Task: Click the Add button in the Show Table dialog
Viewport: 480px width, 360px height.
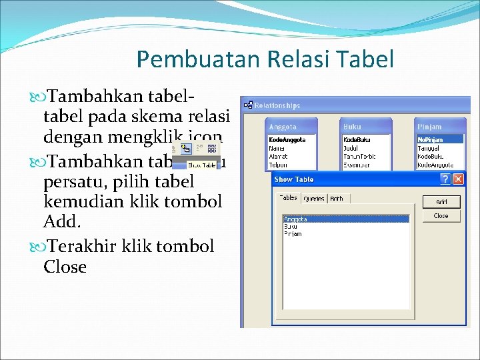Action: (x=441, y=202)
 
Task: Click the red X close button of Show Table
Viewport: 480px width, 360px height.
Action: (x=459, y=179)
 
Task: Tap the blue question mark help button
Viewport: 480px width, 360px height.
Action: (x=445, y=179)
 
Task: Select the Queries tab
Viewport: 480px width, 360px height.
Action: (x=313, y=199)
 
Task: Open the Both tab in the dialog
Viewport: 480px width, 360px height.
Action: (x=337, y=199)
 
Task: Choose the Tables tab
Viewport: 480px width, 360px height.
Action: (x=288, y=198)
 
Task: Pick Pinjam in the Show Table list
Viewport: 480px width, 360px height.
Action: (x=293, y=234)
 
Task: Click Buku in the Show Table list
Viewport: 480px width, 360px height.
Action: (x=291, y=227)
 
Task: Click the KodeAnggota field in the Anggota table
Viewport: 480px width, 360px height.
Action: (x=287, y=140)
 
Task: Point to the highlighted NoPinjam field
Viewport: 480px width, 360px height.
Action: (x=430, y=140)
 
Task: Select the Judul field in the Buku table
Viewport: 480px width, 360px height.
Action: (x=351, y=149)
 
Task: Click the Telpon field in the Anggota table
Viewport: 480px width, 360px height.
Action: (x=278, y=165)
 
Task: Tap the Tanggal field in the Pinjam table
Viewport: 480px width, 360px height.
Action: (x=429, y=149)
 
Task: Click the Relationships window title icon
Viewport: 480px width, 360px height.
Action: (x=248, y=105)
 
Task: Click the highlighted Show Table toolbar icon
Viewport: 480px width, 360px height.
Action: (x=186, y=149)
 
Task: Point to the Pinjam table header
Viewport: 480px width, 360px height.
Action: (x=430, y=127)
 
